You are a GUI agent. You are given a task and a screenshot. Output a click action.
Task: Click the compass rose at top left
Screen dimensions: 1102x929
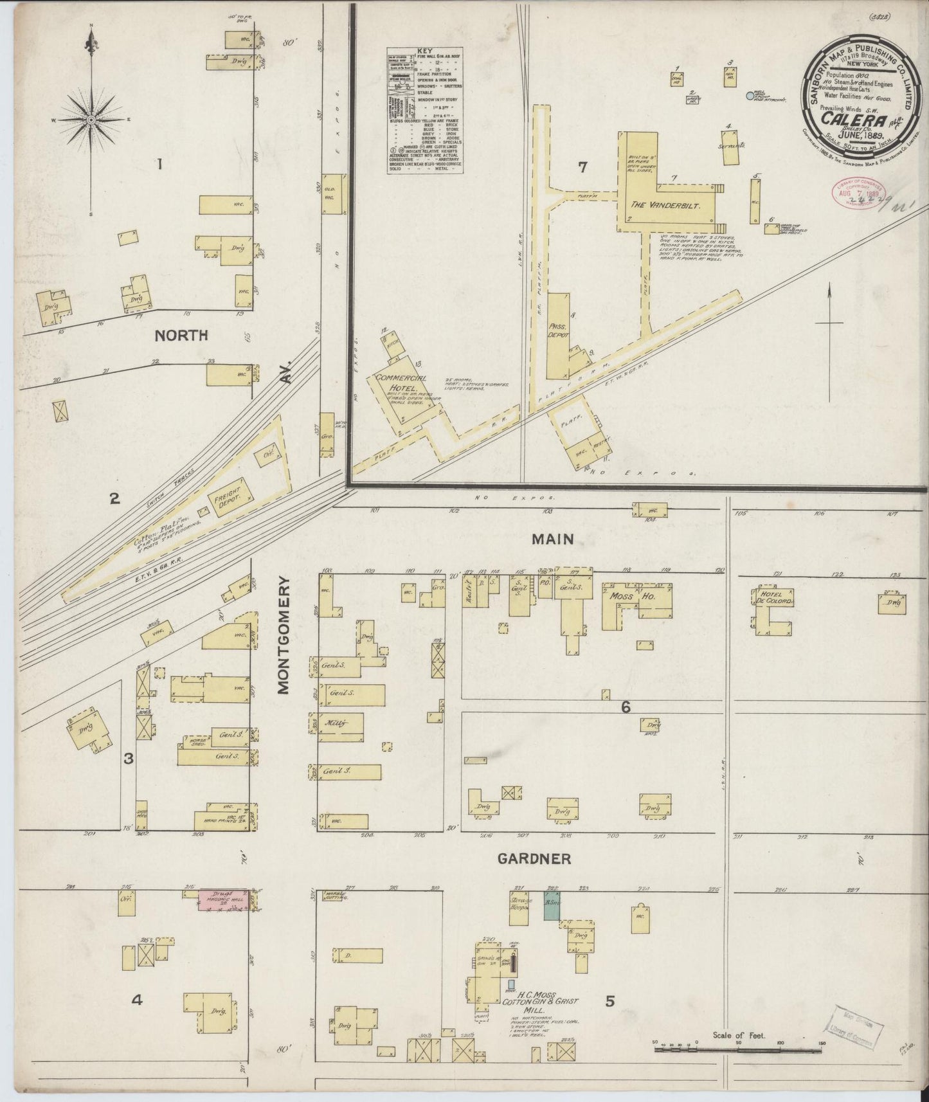[91, 120]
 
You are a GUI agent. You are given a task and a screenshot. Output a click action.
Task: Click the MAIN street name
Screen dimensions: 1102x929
[552, 539]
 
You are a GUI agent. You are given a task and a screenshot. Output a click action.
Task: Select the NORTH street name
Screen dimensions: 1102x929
[181, 335]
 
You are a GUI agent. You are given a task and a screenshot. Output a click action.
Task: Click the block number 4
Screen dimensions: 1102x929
[136, 1000]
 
